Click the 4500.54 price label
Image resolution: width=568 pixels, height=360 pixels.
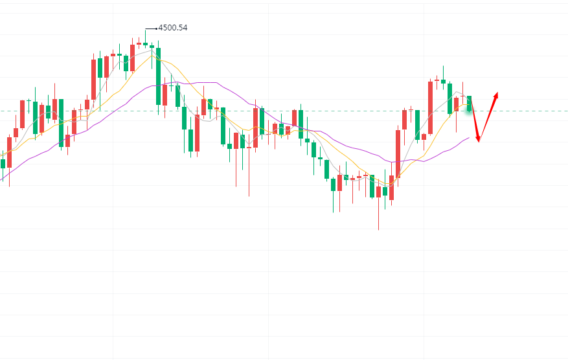(173, 28)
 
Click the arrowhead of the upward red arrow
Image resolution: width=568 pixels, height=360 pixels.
(497, 95)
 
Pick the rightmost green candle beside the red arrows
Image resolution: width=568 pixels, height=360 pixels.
(470, 102)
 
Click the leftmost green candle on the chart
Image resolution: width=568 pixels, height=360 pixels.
(3, 163)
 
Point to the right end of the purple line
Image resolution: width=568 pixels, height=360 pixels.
(469, 137)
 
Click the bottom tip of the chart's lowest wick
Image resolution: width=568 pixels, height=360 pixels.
(378, 230)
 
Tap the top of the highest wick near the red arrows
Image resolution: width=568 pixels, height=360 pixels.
(443, 66)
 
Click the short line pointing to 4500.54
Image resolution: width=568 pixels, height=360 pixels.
(151, 28)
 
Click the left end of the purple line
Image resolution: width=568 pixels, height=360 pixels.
(1, 179)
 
